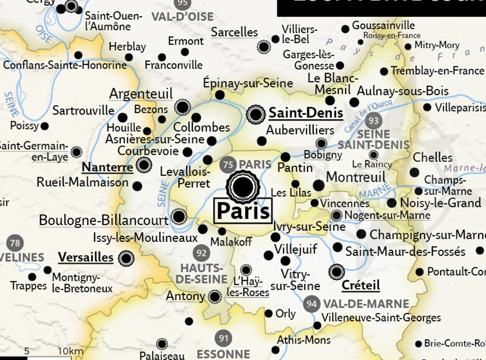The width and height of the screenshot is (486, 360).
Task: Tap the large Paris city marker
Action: (x=243, y=186)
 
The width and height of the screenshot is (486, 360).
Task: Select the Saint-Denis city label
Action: (x=306, y=113)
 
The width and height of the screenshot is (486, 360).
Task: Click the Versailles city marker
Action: (x=126, y=258)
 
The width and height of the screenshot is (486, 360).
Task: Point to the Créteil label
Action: (x=361, y=285)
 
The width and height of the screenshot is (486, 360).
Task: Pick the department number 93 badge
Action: (x=373, y=121)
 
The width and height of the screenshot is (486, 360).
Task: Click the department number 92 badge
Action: (x=201, y=253)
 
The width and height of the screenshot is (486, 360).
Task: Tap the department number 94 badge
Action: (x=312, y=304)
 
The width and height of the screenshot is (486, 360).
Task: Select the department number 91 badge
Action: (x=223, y=338)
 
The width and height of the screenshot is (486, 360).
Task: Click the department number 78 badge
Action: (x=15, y=243)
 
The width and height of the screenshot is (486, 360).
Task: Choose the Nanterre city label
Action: (x=107, y=167)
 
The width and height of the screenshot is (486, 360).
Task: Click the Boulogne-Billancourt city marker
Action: (x=179, y=216)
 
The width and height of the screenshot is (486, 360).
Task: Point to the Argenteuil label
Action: (x=141, y=94)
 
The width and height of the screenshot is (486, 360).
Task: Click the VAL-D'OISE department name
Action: (x=182, y=17)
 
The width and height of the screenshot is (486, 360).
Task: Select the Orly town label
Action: (x=285, y=314)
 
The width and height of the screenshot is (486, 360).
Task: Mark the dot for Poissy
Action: (x=44, y=126)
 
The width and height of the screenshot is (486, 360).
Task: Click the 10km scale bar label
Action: (x=70, y=351)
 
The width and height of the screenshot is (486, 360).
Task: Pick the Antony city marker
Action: (x=215, y=296)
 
